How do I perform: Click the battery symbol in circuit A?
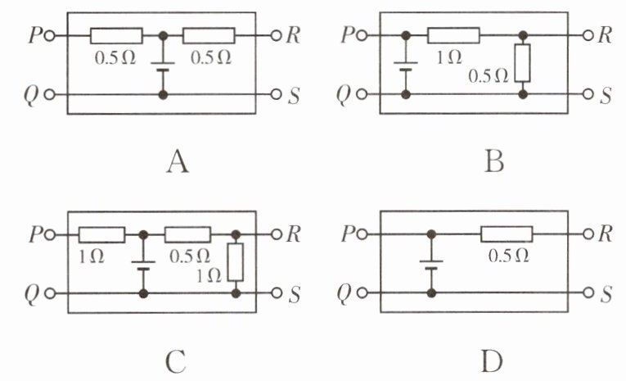coord(163,66)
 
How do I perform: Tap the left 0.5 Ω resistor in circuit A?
coord(116,36)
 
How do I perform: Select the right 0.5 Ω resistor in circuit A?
coord(209,36)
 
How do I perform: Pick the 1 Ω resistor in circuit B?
coord(453,36)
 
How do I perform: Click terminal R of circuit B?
coord(586,36)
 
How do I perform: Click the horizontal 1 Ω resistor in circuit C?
coord(101,235)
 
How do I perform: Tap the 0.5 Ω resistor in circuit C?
coord(187,235)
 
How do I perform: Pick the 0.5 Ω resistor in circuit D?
coord(506,235)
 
